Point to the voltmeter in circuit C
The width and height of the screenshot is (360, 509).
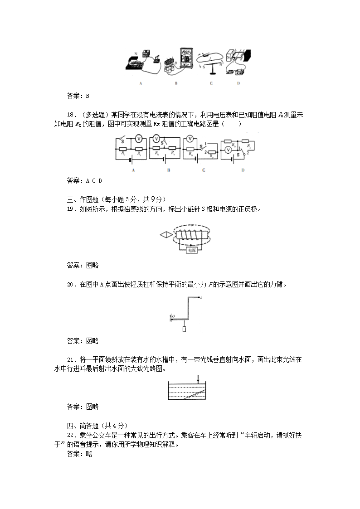191,139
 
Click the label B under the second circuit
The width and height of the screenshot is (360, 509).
168,170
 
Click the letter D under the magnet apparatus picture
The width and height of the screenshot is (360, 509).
238,83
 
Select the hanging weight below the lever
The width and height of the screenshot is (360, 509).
184,330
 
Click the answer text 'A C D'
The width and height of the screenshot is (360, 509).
94,180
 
